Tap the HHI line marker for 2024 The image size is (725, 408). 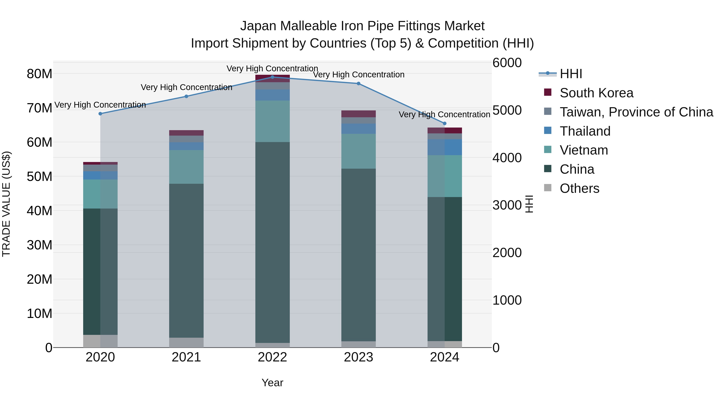[445, 123]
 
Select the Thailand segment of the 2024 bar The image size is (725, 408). [445, 147]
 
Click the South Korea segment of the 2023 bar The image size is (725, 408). [358, 114]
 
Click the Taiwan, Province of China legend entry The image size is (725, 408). [636, 112]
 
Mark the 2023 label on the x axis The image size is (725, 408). [358, 357]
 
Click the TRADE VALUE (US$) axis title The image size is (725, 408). [6, 204]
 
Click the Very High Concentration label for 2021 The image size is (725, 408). [186, 87]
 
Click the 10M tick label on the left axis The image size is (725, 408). [39, 313]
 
